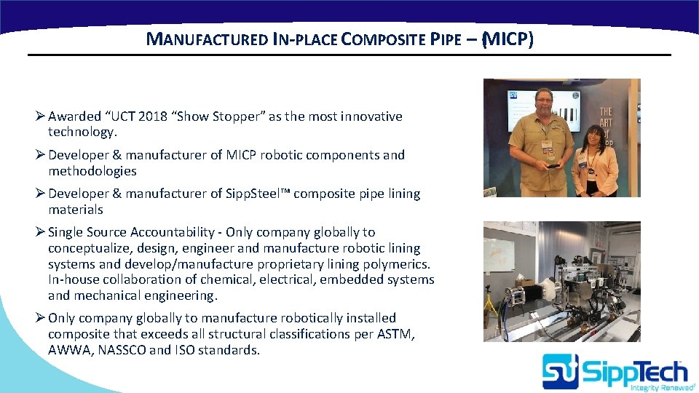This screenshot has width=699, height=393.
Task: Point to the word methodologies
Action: (x=92, y=171)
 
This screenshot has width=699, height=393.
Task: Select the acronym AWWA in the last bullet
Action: (x=67, y=350)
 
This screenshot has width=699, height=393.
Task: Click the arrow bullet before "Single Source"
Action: (x=41, y=232)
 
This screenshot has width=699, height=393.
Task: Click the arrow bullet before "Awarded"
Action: (x=41, y=116)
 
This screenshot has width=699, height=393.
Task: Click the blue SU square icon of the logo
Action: (x=560, y=371)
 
